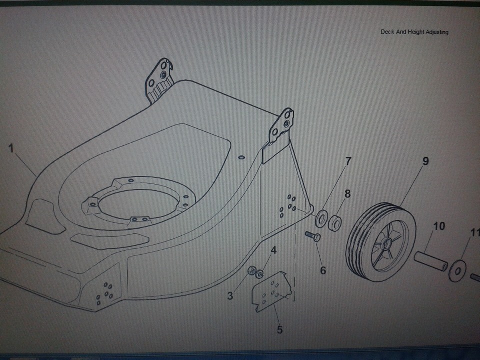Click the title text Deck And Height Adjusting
click(414, 32)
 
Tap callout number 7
click(348, 161)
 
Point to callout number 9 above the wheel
click(425, 161)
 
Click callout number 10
click(438, 226)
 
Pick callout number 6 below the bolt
click(323, 270)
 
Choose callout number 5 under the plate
click(280, 330)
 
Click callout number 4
click(273, 250)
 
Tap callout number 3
click(230, 296)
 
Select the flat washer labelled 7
click(321, 218)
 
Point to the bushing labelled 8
click(335, 223)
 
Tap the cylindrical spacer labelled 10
click(430, 261)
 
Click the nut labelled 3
click(252, 271)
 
